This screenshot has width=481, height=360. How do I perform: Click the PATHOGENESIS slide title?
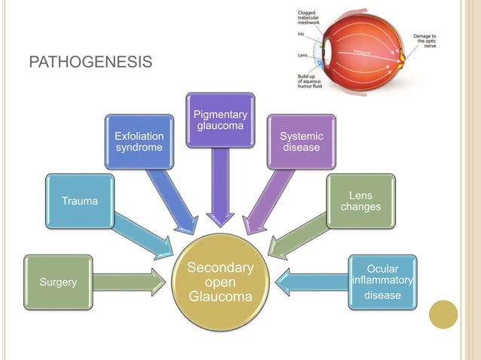pos(90,61)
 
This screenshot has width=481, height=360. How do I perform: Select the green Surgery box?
pos(58,282)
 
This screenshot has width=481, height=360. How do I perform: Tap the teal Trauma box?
pos(79,201)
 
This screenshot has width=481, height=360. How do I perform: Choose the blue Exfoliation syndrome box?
pos(138,141)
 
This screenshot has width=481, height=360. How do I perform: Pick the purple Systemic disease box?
pos(302,141)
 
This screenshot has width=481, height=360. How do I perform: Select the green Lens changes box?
pos(360,201)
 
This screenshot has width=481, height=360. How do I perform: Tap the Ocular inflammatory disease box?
pos(382,281)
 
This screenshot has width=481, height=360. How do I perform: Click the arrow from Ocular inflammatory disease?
pos(309,282)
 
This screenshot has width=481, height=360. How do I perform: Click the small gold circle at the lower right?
pos(443,315)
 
